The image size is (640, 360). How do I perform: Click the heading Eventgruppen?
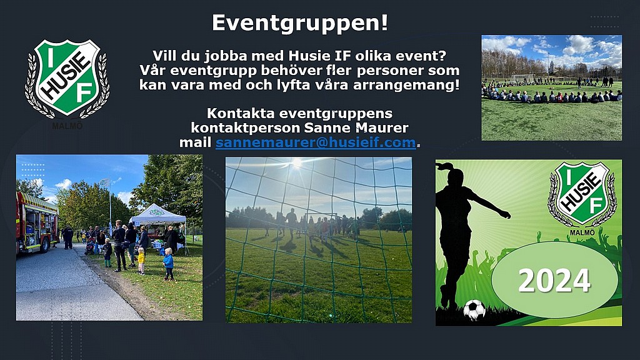[x=299, y=23]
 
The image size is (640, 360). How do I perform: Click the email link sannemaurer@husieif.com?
[x=316, y=142]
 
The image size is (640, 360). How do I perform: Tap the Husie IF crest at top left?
[x=67, y=77]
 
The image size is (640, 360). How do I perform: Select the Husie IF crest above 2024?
[x=582, y=194]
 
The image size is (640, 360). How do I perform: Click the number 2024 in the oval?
[x=554, y=281]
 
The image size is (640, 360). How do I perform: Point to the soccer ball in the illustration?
[x=474, y=309]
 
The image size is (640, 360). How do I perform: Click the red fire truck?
[x=37, y=222]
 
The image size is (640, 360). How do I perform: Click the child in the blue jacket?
[x=168, y=264]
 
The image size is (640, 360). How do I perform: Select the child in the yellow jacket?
[x=141, y=261]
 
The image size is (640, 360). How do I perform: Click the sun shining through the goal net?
[x=296, y=162]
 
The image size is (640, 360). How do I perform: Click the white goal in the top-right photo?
[x=522, y=77]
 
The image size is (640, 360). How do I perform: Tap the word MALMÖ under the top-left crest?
[x=67, y=126]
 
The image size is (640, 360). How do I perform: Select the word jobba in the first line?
[x=226, y=56]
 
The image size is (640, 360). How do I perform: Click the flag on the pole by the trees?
[x=105, y=182]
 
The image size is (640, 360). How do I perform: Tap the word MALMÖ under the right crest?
[x=582, y=232]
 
